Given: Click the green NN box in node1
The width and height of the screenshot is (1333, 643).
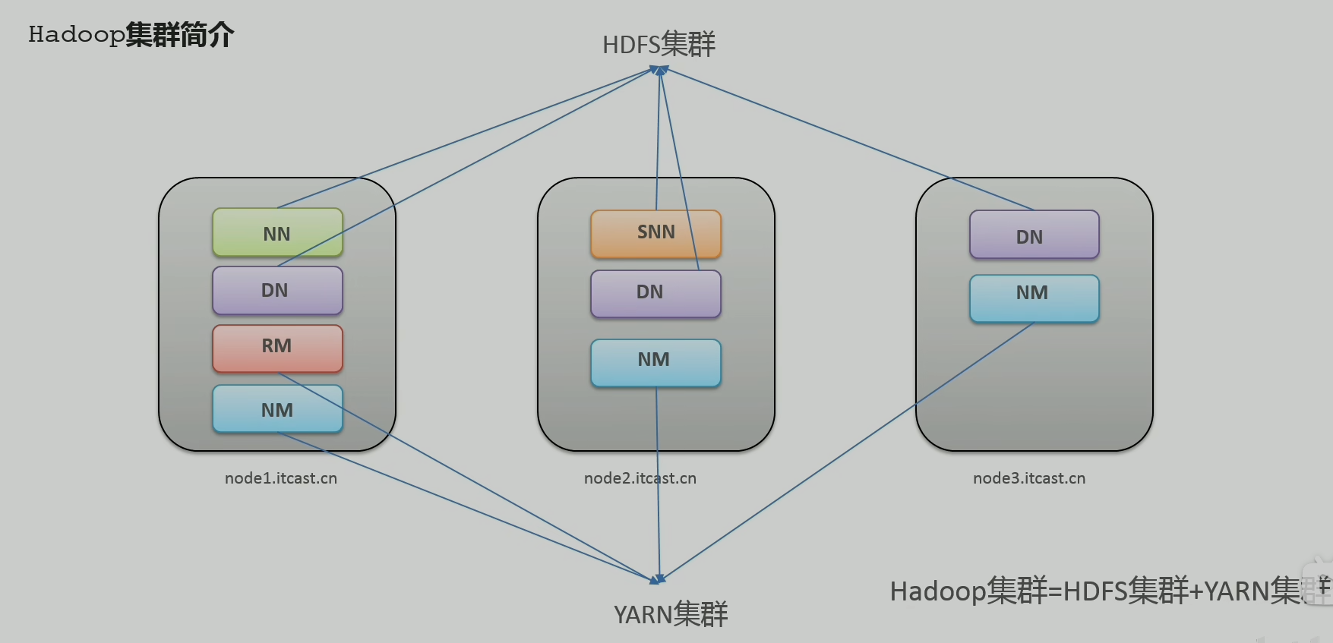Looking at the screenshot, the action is coord(277,232).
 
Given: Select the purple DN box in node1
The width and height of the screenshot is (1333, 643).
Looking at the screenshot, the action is coord(277,290).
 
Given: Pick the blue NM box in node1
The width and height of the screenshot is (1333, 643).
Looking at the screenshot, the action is coord(277,409).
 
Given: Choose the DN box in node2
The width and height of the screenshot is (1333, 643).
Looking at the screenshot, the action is coord(655,294).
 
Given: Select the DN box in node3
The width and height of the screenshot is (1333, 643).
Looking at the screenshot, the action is coord(1034,235).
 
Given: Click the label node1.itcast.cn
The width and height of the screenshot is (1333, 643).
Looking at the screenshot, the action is coord(281,478).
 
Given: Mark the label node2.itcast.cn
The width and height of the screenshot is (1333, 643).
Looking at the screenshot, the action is coord(640,478).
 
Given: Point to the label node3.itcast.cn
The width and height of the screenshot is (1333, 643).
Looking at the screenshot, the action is coord(1029,478).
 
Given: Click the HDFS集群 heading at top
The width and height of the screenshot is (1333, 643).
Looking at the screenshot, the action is coord(659,44).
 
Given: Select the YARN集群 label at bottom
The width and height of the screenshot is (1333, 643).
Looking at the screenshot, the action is coord(671,613).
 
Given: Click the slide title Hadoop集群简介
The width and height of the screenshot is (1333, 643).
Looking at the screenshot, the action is coord(131,35).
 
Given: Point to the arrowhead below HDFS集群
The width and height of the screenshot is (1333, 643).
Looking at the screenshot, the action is coord(660,70).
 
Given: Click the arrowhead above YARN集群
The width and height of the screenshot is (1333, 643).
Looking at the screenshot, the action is coord(658,579).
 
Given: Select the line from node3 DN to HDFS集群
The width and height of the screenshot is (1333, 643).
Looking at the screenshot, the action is coord(848,139).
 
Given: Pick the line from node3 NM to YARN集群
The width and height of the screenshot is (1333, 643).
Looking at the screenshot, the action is coord(847,452).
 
